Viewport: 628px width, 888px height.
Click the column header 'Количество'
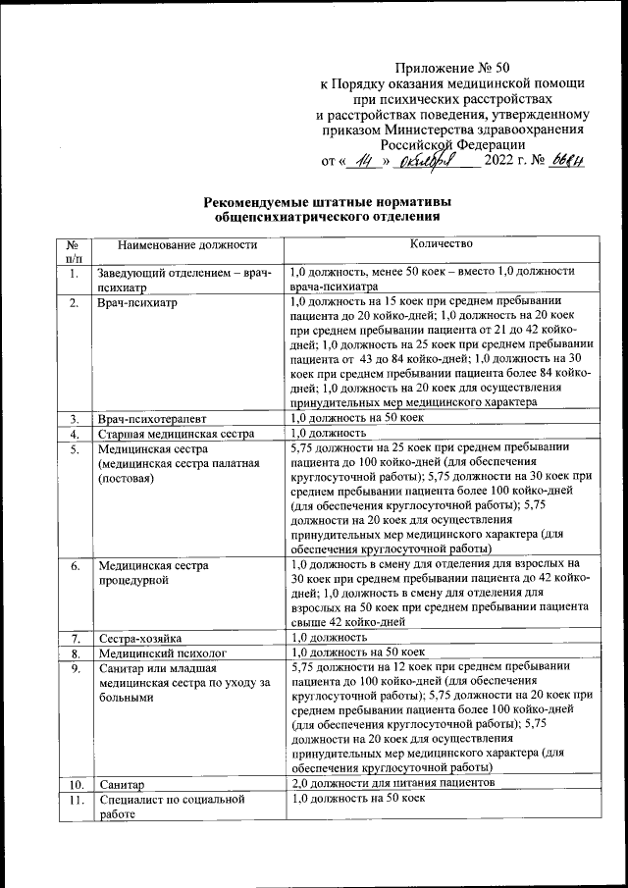445,243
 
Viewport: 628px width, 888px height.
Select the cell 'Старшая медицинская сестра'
175,433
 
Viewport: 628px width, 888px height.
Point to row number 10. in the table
74,785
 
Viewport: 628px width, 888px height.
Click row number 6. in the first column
74,566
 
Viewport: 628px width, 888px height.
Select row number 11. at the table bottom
74,800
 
